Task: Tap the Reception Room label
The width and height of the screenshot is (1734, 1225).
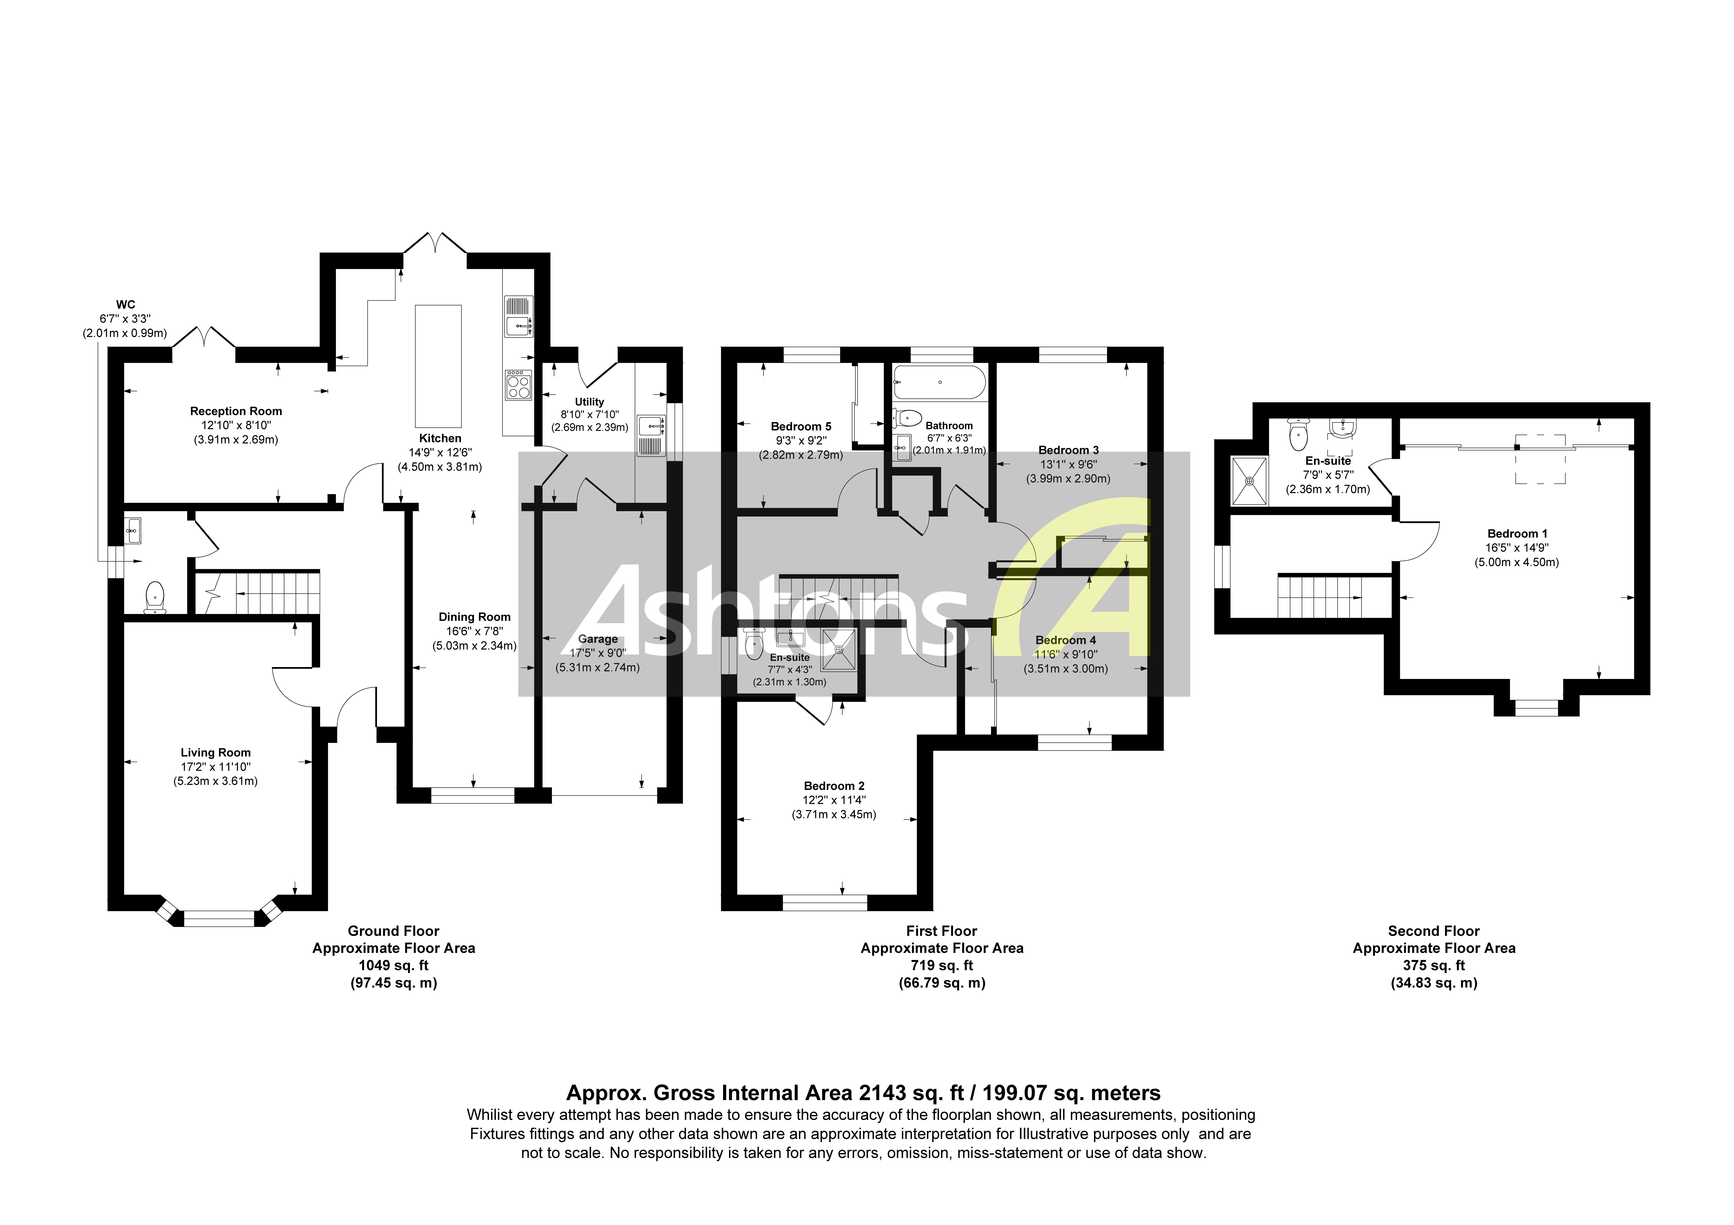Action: [236, 411]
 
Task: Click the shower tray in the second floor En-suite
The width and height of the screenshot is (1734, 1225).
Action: [1249, 480]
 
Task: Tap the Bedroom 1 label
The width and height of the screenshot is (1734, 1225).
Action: [1517, 533]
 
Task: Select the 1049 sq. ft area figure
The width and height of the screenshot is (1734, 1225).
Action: [394, 965]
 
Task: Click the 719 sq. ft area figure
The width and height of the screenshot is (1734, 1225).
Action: [942, 965]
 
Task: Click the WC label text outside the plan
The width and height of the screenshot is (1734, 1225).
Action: [125, 304]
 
